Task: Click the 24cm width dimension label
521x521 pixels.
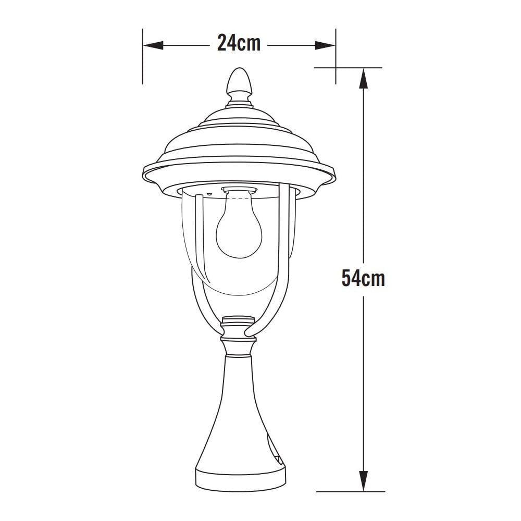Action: pos(239,43)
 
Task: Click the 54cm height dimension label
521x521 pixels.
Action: pos(363,278)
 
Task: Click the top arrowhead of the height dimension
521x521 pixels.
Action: pos(363,78)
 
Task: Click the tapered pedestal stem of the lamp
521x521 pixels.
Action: pos(239,406)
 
